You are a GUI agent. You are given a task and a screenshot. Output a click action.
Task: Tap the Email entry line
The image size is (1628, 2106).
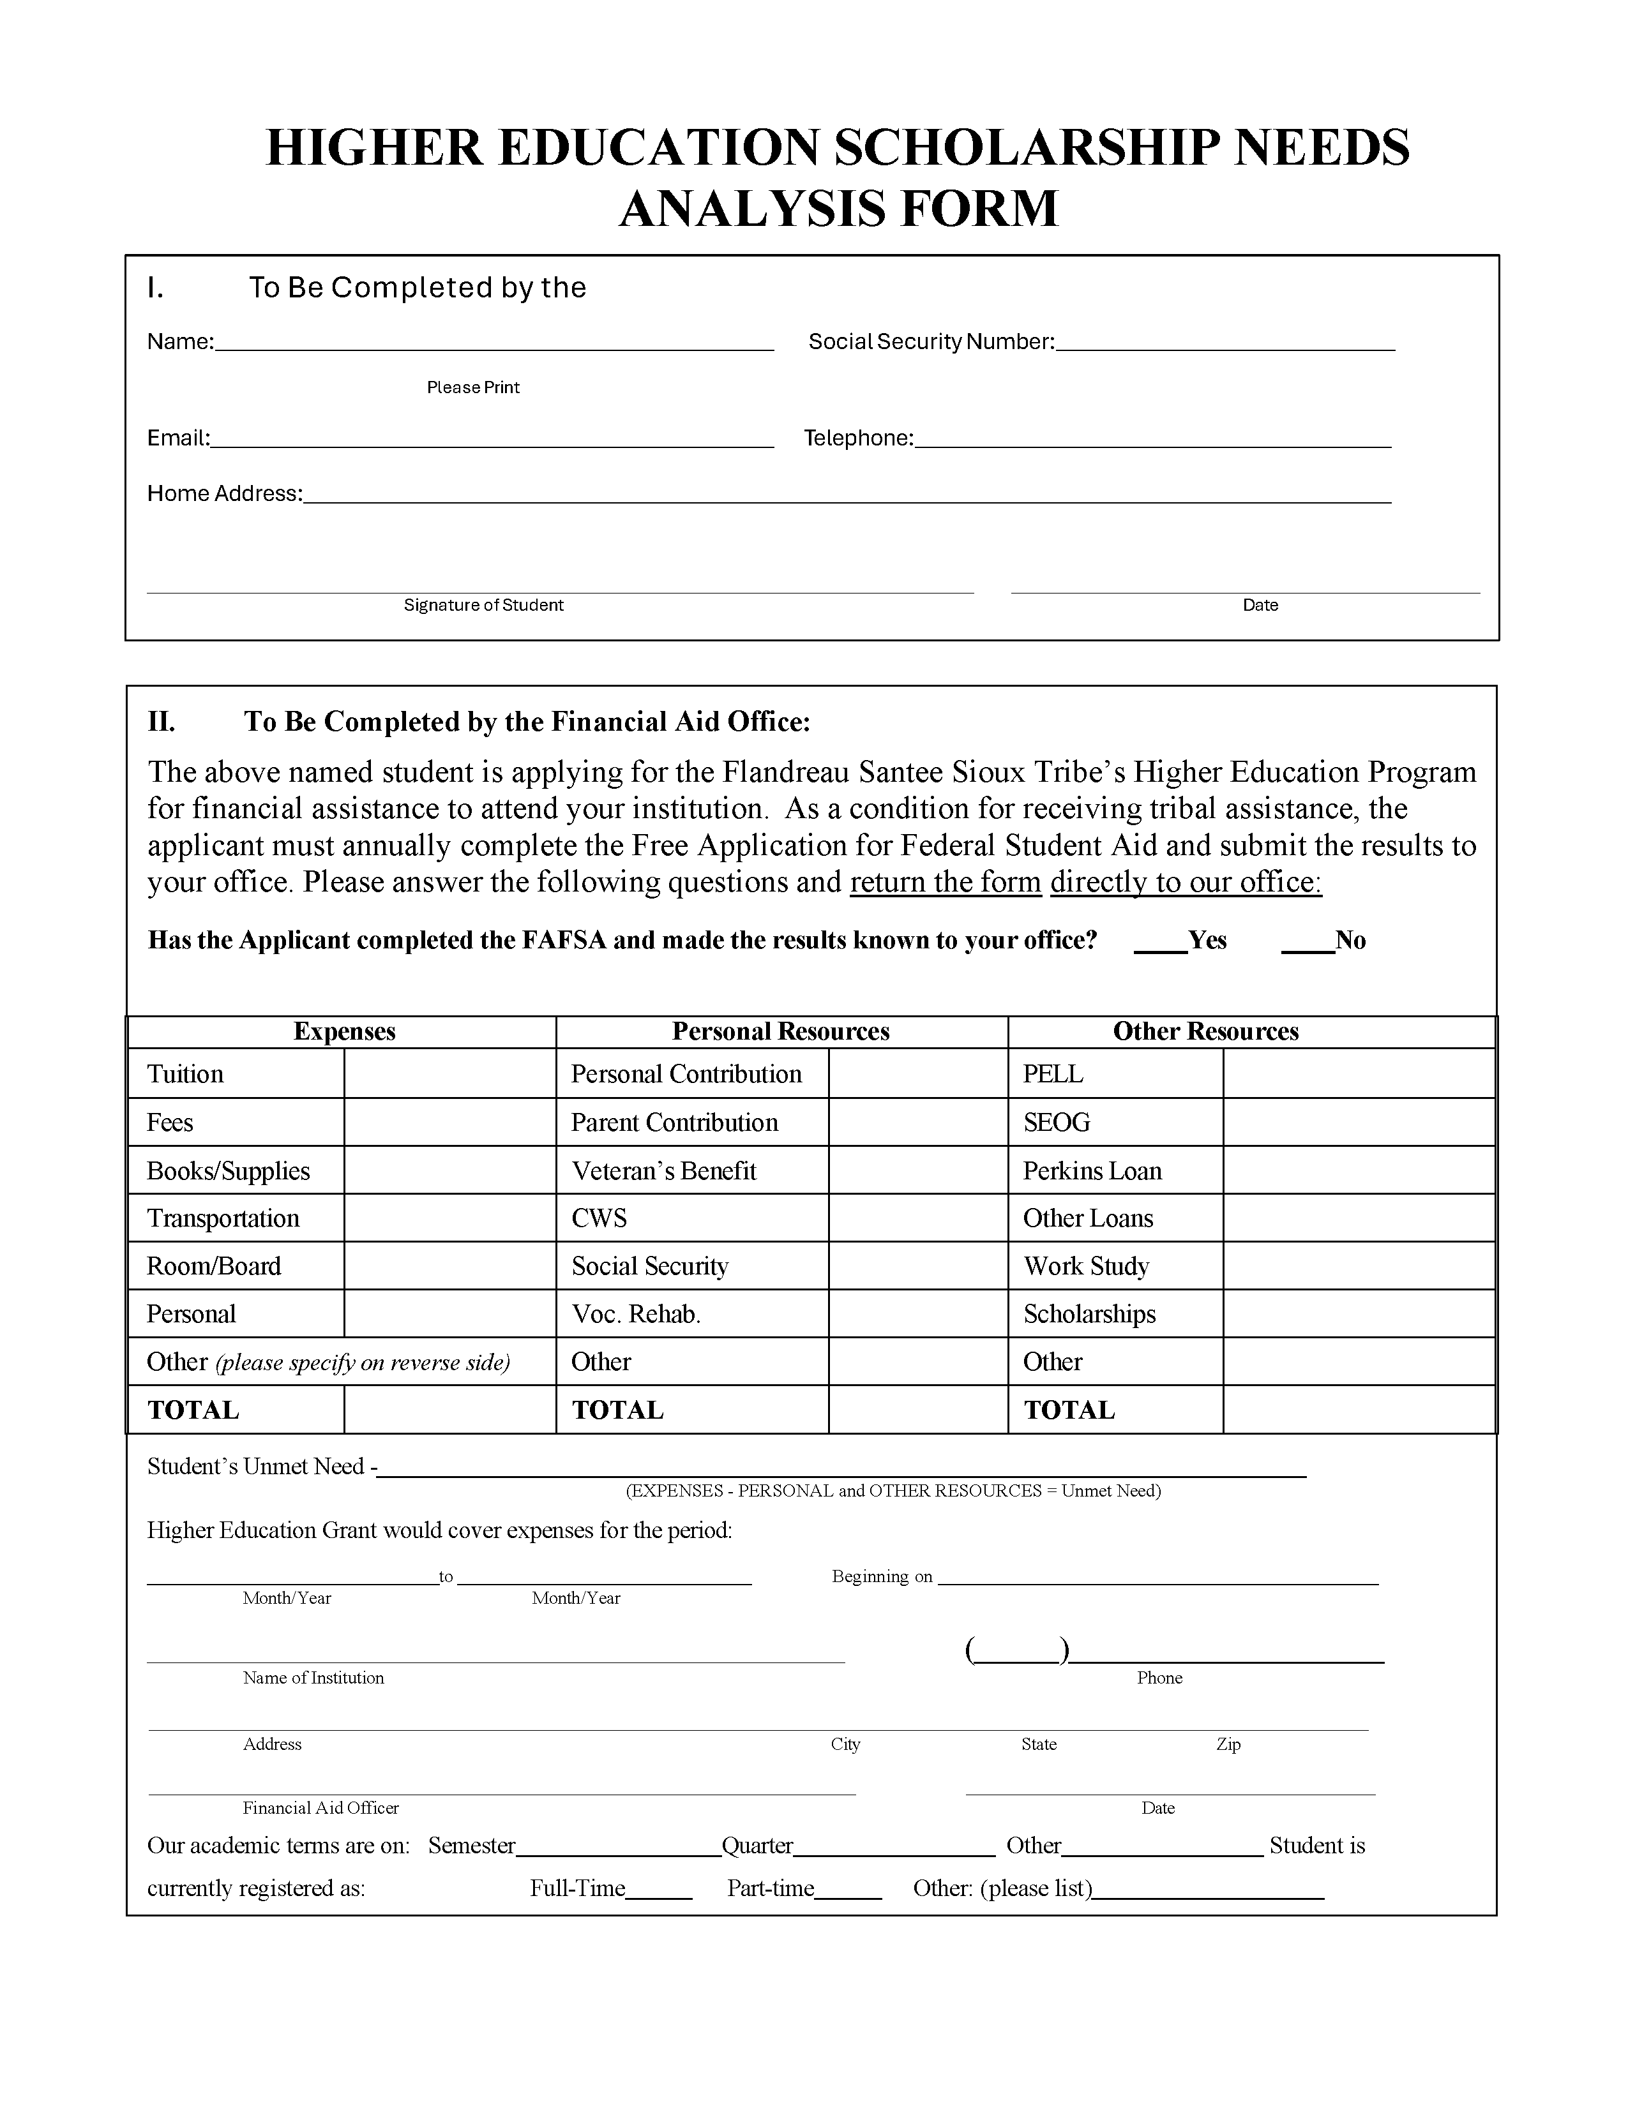[x=492, y=440]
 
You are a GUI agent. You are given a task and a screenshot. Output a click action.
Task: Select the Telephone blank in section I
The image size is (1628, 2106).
[x=1152, y=440]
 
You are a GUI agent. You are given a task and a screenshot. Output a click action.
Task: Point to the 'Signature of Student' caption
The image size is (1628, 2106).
[x=483, y=606]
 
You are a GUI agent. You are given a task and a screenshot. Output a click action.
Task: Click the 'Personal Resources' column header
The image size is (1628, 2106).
[x=780, y=1032]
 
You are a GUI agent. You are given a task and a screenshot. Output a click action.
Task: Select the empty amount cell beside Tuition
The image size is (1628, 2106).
[x=449, y=1073]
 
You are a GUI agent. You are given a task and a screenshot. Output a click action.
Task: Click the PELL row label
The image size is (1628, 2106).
[x=1053, y=1074]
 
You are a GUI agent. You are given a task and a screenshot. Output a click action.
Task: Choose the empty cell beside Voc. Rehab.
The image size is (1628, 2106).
[x=917, y=1313]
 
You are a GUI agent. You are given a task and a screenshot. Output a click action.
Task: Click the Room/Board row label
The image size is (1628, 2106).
[x=214, y=1266]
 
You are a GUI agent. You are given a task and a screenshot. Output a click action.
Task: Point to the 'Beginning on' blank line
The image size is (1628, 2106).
[x=1157, y=1578]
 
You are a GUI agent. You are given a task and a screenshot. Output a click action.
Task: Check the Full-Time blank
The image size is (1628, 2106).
[x=659, y=1890]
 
